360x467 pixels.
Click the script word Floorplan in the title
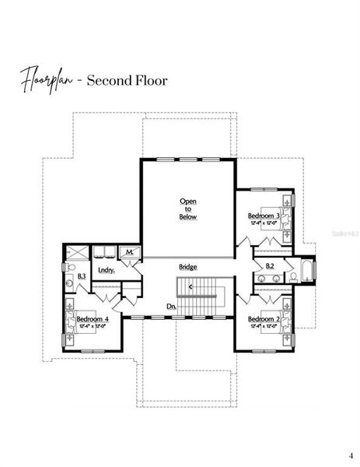[48, 79]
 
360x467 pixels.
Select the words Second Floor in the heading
[127, 80]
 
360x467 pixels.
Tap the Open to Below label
[188, 209]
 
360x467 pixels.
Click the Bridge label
[188, 267]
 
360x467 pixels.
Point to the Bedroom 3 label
[264, 215]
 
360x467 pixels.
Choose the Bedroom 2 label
[264, 319]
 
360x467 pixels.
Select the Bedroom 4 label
[93, 319]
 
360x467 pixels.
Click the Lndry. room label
[107, 270]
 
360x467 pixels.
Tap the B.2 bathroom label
[270, 266]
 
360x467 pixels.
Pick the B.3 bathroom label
[81, 276]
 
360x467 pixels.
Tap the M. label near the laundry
[128, 252]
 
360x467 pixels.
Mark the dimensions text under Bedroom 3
[264, 223]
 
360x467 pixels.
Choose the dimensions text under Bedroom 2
[264, 327]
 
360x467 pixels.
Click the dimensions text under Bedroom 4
[93, 327]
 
